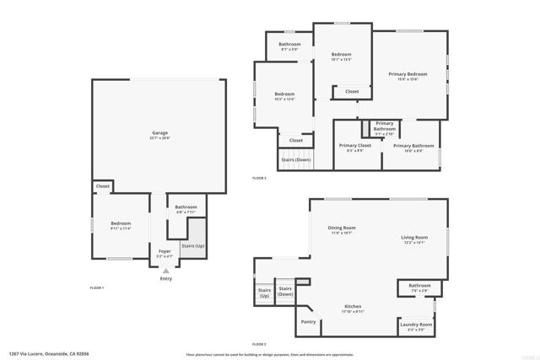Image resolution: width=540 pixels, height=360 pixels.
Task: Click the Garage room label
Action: click(x=159, y=133)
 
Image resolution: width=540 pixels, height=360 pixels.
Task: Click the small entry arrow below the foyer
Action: click(x=165, y=270)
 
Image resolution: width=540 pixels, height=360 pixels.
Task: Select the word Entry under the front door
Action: click(x=165, y=278)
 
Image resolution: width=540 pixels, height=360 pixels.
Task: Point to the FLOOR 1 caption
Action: click(x=97, y=288)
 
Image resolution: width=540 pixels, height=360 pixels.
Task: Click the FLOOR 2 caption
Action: click(x=259, y=344)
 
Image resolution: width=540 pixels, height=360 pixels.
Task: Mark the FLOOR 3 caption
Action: click(x=259, y=178)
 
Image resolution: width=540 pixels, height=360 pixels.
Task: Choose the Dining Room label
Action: click(x=342, y=228)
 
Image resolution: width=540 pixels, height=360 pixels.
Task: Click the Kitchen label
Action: click(x=354, y=306)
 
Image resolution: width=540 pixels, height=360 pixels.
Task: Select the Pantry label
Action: click(x=308, y=321)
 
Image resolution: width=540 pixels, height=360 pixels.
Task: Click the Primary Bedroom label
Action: click(x=408, y=75)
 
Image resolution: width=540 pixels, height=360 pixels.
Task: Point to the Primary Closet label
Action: click(x=355, y=146)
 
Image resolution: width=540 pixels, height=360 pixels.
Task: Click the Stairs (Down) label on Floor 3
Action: click(x=295, y=159)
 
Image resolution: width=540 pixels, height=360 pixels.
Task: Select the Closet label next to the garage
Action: click(x=102, y=186)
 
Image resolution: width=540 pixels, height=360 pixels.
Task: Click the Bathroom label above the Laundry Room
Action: click(x=419, y=286)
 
